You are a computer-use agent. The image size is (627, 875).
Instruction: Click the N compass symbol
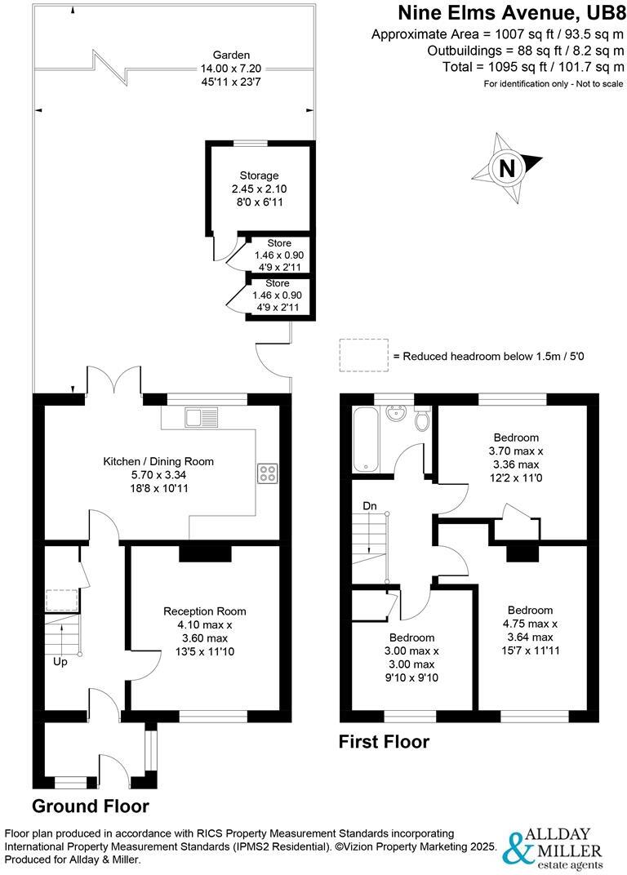[x=507, y=168]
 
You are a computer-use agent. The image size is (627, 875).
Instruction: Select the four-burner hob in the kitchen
[x=267, y=473]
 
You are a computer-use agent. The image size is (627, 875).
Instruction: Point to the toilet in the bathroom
[x=422, y=418]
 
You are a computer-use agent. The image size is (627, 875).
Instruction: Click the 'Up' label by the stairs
[x=60, y=662]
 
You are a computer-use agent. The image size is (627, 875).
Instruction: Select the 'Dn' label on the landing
[x=370, y=506]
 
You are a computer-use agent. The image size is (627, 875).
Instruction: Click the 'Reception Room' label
[x=204, y=611]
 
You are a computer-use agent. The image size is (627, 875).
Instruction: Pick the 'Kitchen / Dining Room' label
[x=158, y=461]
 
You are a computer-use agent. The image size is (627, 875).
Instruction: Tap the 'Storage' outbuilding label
[x=259, y=175]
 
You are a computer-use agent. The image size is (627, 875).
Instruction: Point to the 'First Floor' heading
[x=384, y=742]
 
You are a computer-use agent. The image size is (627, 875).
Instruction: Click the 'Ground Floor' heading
[x=90, y=806]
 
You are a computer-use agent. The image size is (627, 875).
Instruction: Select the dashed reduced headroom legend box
[x=363, y=356]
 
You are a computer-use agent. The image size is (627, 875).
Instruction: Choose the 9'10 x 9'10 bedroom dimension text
[x=411, y=677]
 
